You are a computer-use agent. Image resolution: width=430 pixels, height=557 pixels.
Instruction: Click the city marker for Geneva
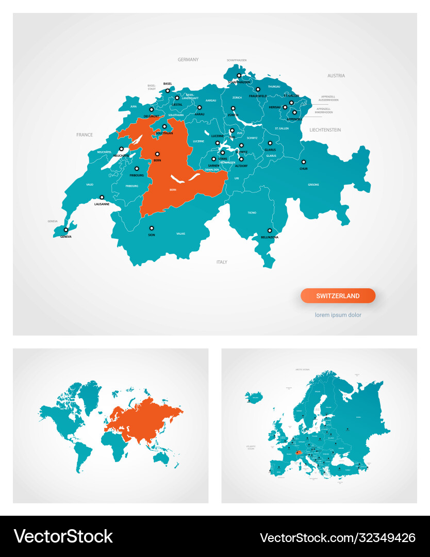tap(65, 230)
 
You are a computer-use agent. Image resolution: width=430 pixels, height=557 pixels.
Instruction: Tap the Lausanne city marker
tap(102, 197)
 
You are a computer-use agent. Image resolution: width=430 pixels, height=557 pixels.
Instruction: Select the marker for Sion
tap(152, 228)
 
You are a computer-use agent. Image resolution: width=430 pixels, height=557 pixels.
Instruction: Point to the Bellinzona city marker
tap(270, 231)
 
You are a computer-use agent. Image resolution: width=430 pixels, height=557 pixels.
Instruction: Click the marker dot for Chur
tap(304, 162)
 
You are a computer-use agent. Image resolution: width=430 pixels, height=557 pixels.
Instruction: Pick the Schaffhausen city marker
tap(239, 76)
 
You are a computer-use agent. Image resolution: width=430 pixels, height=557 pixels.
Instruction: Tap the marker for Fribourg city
tap(137, 169)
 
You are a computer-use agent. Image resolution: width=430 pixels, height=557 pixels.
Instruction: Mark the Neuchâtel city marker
tap(122, 149)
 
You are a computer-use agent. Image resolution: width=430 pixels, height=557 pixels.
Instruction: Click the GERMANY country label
tap(188, 60)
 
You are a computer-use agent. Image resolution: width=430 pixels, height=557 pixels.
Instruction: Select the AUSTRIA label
tap(336, 76)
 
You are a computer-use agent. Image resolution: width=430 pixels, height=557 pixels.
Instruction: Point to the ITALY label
tap(222, 262)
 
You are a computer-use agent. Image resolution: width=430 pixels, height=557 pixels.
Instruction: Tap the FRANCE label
tap(85, 135)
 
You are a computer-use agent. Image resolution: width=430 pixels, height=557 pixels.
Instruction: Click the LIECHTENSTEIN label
tap(325, 130)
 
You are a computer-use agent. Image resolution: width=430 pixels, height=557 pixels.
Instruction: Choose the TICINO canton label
tap(252, 212)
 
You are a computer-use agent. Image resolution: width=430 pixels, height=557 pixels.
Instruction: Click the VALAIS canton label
tap(180, 234)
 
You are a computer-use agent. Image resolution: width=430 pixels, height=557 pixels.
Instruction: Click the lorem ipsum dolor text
tap(338, 315)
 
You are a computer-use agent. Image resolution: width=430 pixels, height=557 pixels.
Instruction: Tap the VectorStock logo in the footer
tap(63, 536)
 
